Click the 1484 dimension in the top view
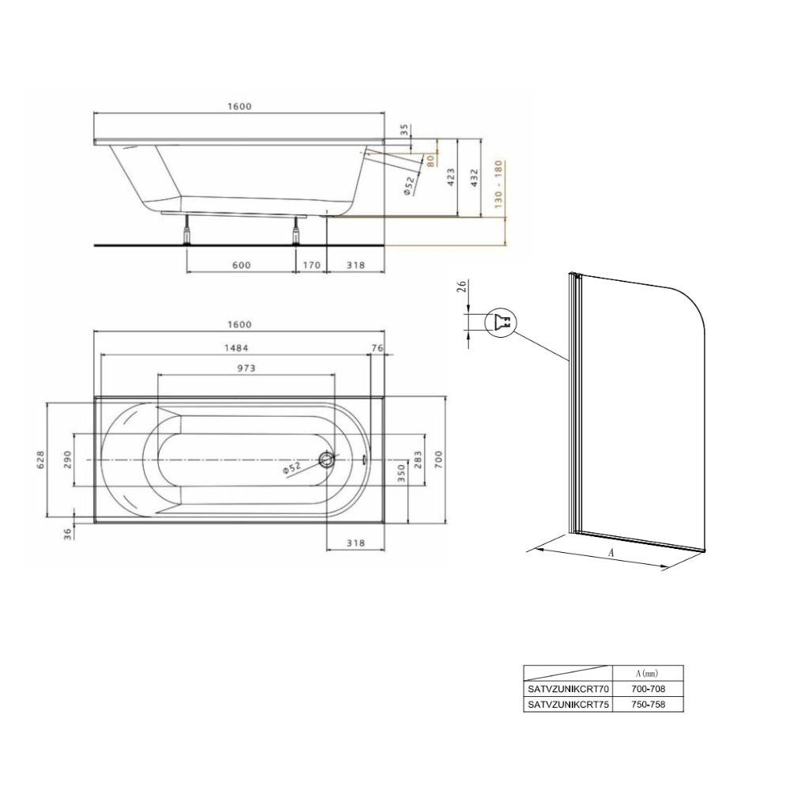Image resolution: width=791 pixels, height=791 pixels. [236, 347]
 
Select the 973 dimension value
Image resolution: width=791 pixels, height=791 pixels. [246, 369]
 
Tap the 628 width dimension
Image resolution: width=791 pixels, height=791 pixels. [40, 459]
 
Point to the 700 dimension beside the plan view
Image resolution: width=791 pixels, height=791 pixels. [438, 459]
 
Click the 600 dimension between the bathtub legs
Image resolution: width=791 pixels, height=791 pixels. [241, 265]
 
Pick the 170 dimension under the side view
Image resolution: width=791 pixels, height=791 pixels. [311, 265]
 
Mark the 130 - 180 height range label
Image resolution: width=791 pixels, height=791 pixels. [498, 184]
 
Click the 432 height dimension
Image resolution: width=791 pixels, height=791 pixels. [474, 177]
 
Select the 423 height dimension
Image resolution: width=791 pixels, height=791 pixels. [451, 177]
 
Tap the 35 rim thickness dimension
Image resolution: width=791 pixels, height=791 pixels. [404, 131]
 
